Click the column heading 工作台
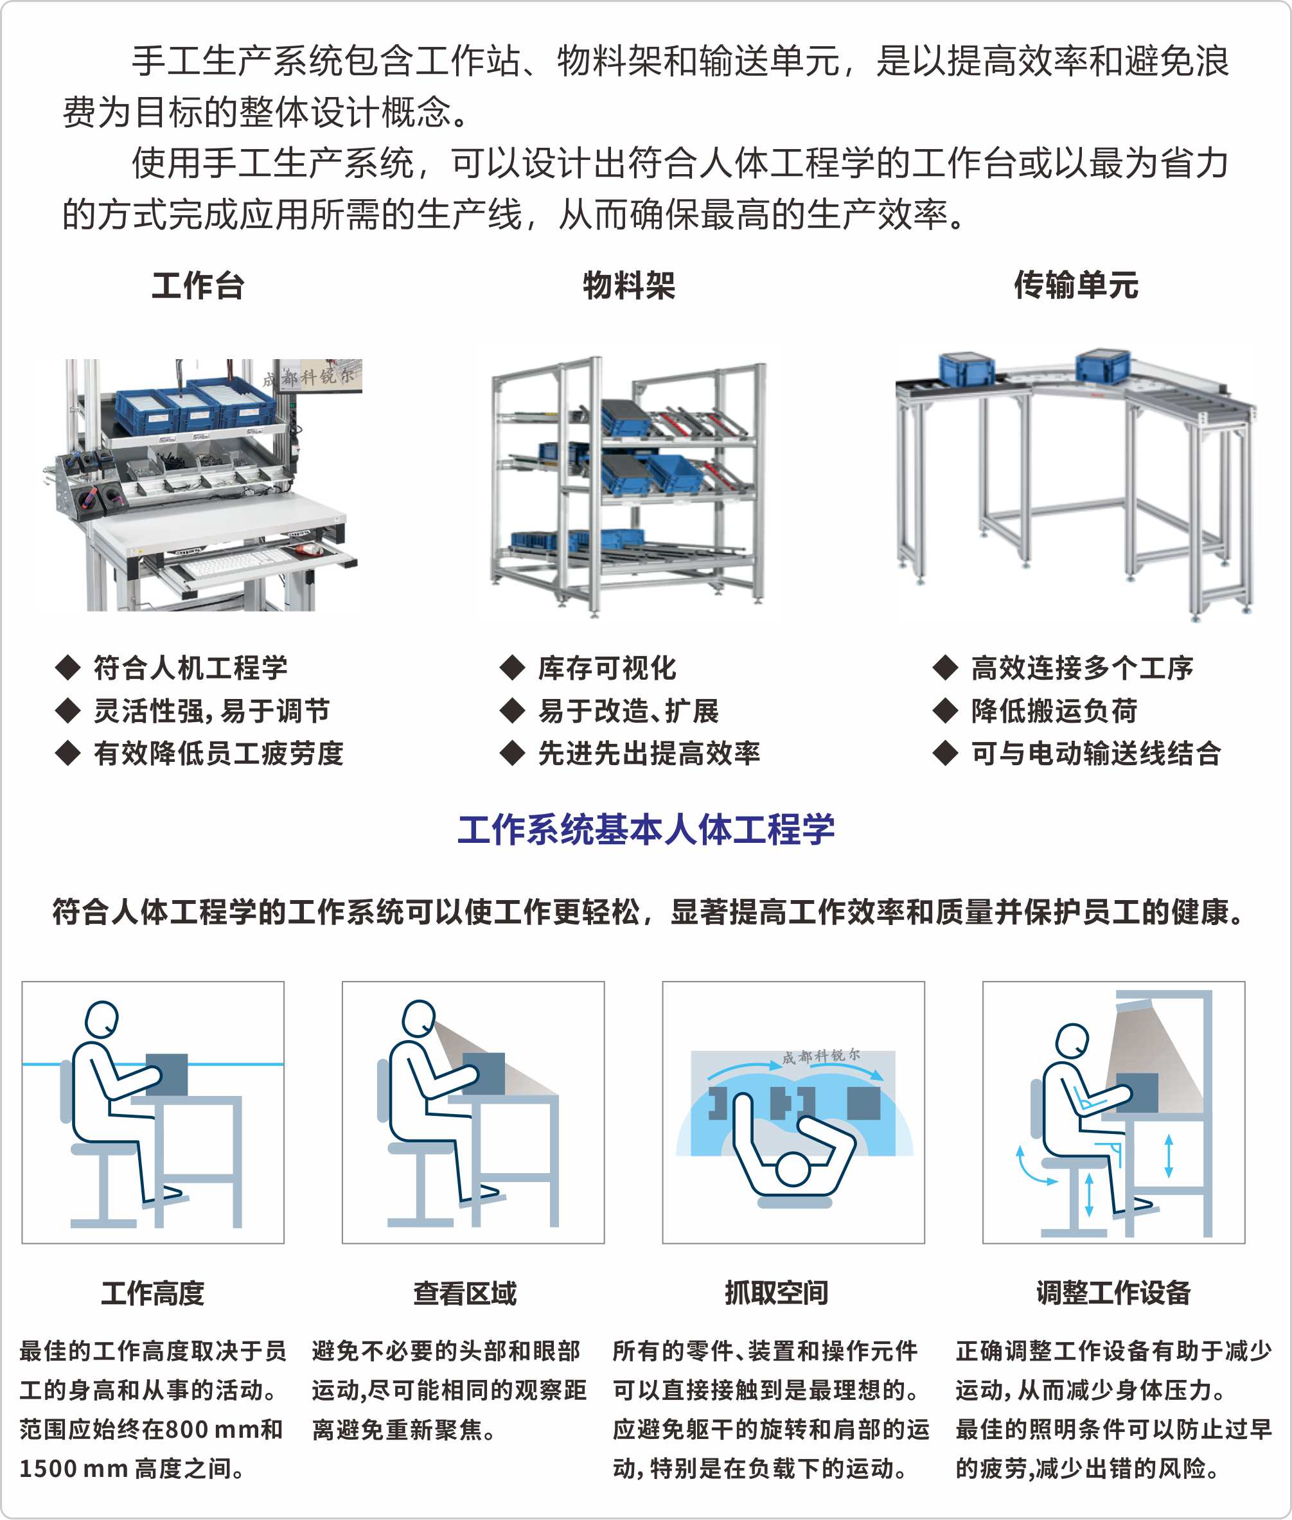coord(198,285)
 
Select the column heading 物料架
coord(629,285)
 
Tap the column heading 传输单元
coord(1076,285)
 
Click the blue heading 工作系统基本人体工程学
coord(646,829)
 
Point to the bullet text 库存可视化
coord(607,667)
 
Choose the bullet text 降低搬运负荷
coord(1054,711)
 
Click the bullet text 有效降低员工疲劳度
coord(218,753)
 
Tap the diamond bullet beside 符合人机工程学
coord(68,667)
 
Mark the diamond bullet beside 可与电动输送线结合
coord(946,753)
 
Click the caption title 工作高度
coord(152,1293)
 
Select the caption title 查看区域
coord(465,1293)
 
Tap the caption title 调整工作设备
coord(1113,1293)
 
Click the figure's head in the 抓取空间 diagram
coord(793,1169)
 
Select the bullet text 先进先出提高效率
coord(649,753)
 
